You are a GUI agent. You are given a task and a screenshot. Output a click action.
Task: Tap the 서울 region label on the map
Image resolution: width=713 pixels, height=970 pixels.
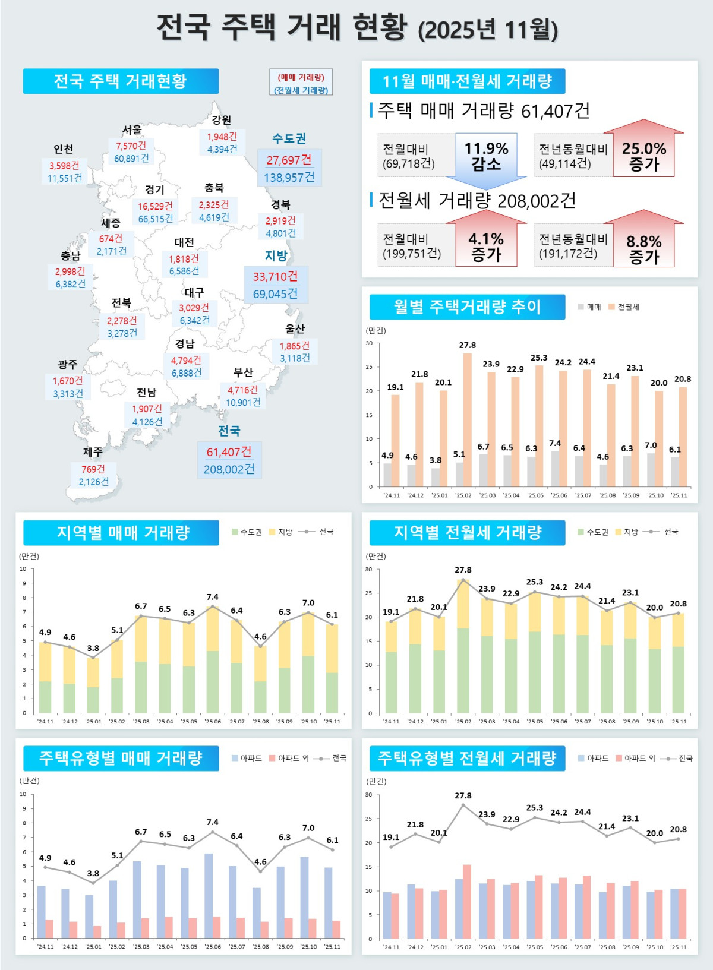pos(132,129)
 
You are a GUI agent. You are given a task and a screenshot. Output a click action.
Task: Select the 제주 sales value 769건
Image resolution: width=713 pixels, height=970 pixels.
pos(93,469)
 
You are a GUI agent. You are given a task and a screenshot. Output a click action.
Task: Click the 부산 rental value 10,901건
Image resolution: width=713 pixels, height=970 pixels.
pos(243,402)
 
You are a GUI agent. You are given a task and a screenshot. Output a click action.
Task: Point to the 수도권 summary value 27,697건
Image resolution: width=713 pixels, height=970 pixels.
pos(289,160)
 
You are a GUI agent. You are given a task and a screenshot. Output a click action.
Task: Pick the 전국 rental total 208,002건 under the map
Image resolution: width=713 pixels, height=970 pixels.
pos(229,469)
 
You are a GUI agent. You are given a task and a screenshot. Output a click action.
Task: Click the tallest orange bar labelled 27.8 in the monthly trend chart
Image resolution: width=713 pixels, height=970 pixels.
pos(467,419)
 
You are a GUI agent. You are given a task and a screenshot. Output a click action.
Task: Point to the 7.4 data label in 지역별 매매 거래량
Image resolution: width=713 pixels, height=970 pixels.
pos(212,597)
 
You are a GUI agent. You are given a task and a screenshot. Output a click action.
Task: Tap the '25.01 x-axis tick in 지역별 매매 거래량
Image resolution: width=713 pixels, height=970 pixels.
pos(93,721)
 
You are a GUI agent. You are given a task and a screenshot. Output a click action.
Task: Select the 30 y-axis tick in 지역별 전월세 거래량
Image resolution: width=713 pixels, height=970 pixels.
pos(368,569)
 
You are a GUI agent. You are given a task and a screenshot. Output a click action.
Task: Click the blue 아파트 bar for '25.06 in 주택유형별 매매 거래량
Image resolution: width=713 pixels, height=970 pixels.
pos(209,895)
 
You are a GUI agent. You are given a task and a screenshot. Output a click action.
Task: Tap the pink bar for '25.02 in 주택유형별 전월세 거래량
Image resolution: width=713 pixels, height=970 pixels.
pos(467,901)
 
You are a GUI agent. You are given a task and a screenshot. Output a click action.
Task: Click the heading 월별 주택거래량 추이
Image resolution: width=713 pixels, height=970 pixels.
pos(467,307)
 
